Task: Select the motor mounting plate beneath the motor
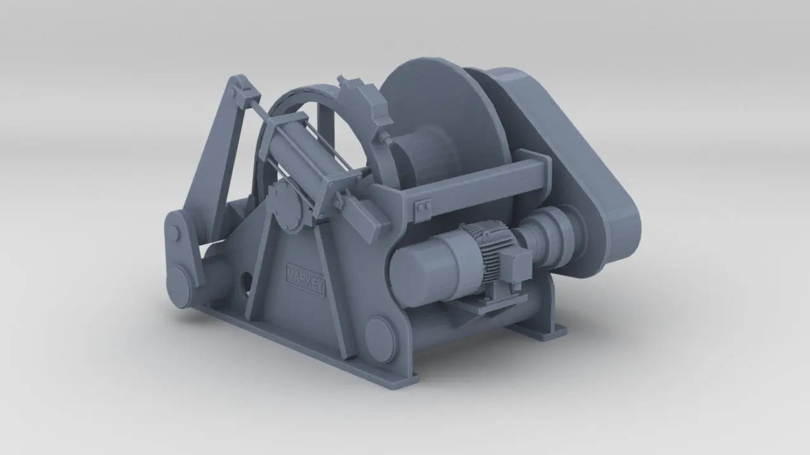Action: click(x=490, y=303)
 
